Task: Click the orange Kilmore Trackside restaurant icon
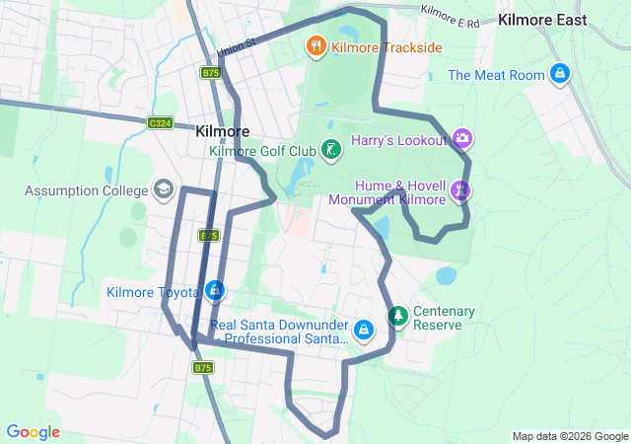(x=316, y=44)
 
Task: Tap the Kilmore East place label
(x=542, y=20)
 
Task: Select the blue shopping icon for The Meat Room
(x=560, y=73)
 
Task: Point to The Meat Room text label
(x=496, y=75)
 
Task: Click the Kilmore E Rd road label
(x=449, y=16)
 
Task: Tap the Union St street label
(x=237, y=45)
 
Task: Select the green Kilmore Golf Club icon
(x=333, y=150)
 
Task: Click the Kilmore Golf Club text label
(x=262, y=151)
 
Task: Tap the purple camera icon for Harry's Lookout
(x=462, y=139)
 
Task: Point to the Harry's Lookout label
(x=398, y=140)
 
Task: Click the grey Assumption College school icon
(x=163, y=188)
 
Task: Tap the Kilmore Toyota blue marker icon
(x=214, y=291)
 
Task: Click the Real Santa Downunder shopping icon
(x=364, y=329)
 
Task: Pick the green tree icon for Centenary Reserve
(x=398, y=317)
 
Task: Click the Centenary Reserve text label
(x=444, y=318)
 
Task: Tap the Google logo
(x=34, y=432)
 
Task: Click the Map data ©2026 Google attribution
(x=569, y=436)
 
